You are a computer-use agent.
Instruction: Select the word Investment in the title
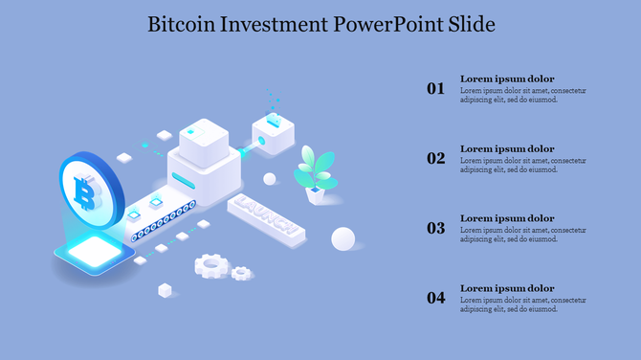(275, 24)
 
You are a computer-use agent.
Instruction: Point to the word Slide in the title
(471, 24)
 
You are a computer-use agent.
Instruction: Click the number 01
(436, 89)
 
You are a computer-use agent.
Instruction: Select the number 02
(436, 159)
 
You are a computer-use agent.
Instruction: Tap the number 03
(436, 229)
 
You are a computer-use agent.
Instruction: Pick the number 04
(436, 299)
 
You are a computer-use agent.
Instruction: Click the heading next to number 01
(507, 79)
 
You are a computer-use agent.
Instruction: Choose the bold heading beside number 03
(507, 218)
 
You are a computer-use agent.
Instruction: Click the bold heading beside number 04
(507, 288)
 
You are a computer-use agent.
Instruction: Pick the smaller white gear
(241, 273)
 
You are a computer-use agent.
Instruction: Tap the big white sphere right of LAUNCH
(343, 238)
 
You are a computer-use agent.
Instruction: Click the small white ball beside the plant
(270, 179)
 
